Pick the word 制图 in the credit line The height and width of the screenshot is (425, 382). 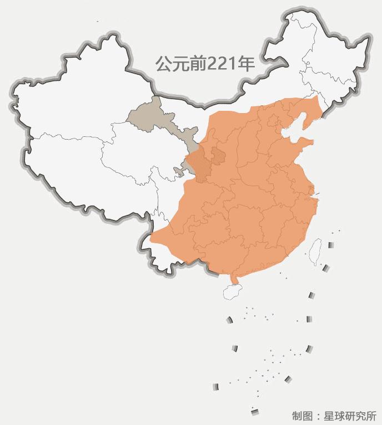303,416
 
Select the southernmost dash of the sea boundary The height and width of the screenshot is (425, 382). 255,411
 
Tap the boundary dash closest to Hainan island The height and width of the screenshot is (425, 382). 229,320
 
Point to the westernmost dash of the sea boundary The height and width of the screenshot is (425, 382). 215,386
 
